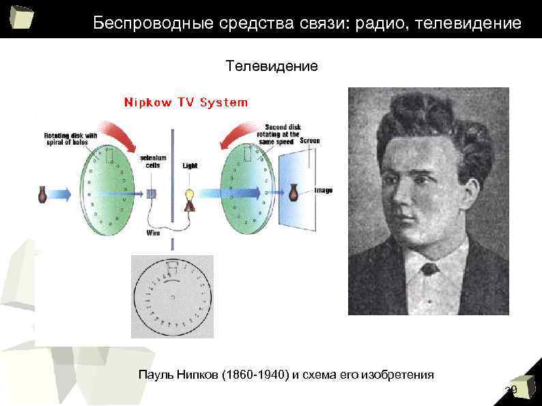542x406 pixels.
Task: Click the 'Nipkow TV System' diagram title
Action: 186,102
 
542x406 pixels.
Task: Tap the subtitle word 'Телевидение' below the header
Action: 271,67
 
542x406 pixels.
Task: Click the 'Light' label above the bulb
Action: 190,166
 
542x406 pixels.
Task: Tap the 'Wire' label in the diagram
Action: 154,232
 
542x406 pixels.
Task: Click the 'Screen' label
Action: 309,141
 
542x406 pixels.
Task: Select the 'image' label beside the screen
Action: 324,190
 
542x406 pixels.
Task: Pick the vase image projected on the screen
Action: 294,192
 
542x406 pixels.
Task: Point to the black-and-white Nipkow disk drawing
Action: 172,297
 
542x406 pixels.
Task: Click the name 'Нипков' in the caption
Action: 193,375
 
